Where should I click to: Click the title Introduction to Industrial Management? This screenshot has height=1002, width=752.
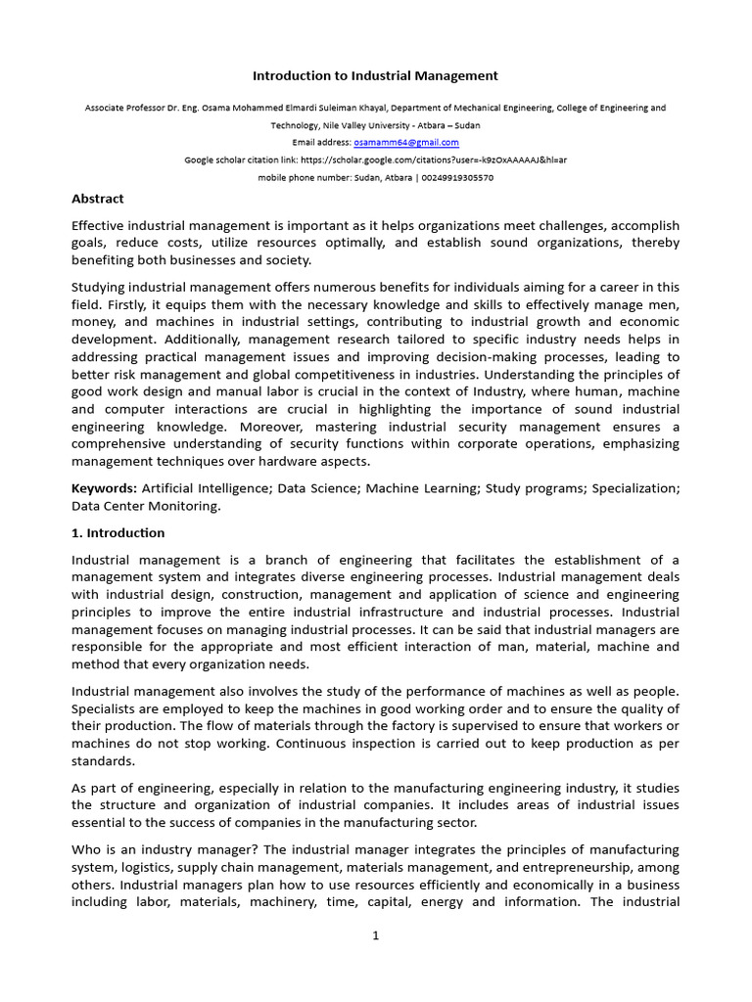376,75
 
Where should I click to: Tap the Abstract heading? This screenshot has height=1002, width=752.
98,199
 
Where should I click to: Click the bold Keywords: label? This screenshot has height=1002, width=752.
105,487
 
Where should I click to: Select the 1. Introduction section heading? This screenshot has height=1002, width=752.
118,533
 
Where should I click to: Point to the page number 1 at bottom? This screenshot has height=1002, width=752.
375,935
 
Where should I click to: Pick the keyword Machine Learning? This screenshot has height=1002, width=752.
415,487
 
